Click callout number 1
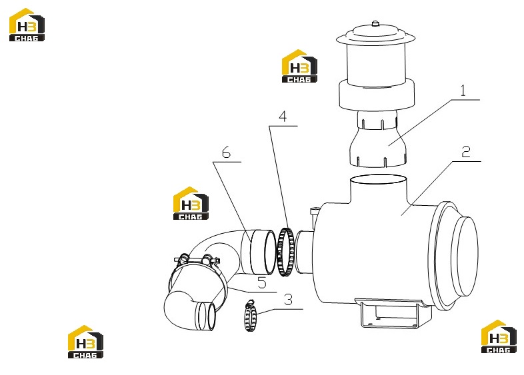[463, 91]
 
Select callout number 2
[466, 152]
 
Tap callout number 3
[288, 300]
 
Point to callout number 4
[283, 117]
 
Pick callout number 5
[262, 283]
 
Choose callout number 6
[226, 153]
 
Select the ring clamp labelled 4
[285, 252]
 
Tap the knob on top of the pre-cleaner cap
[375, 23]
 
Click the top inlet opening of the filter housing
[378, 179]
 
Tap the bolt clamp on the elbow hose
[197, 260]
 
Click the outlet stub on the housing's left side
[303, 252]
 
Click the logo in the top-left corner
[27, 25]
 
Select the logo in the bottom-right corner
[499, 336]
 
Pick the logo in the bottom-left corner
[85, 342]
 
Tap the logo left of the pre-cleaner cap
[299, 66]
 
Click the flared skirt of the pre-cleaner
[378, 147]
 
